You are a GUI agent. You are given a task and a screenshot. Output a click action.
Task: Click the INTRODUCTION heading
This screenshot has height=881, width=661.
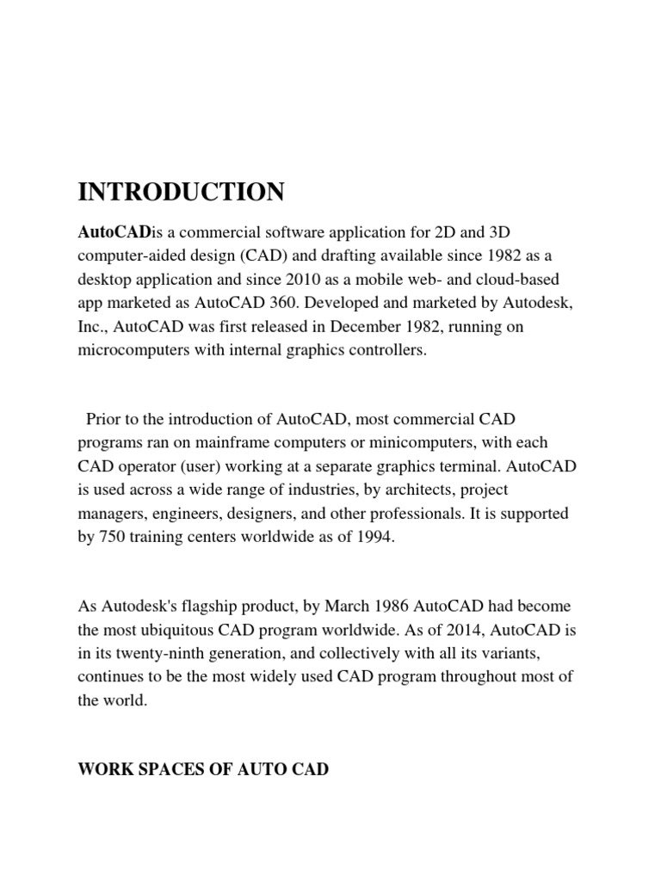pos(181,191)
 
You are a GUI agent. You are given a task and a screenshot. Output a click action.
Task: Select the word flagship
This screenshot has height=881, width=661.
pos(208,607)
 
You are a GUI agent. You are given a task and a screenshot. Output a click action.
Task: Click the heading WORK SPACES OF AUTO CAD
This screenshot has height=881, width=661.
pos(203,768)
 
